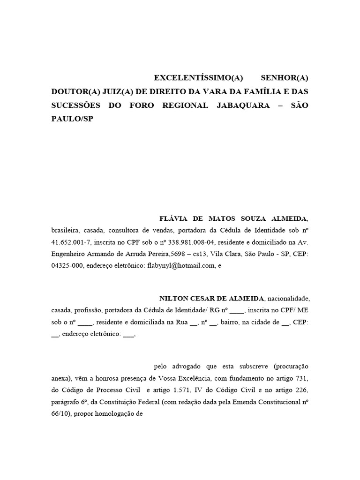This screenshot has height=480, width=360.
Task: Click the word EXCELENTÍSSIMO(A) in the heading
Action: (198, 77)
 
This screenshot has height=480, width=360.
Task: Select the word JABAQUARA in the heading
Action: (243, 105)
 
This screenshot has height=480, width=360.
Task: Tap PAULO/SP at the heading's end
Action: (72, 119)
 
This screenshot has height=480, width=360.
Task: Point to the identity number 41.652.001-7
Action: (72, 242)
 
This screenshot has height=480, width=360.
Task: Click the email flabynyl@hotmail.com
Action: (181, 265)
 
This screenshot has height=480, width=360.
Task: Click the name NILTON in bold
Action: (174, 298)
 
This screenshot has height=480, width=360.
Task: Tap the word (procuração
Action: (291, 366)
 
